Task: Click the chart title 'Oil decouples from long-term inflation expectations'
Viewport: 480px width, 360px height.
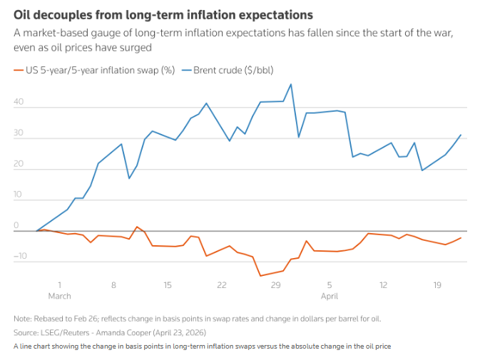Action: (x=163, y=14)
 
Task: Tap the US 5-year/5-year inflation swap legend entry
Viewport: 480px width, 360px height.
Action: (x=94, y=70)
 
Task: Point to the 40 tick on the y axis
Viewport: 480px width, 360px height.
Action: (x=19, y=102)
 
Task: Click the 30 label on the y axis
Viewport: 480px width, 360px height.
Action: (x=19, y=133)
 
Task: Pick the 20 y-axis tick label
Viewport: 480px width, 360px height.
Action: (x=19, y=164)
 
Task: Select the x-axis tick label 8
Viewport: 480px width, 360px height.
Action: (x=113, y=284)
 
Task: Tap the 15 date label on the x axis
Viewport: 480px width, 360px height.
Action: (x=168, y=284)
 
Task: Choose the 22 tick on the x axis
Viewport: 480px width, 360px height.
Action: (x=222, y=284)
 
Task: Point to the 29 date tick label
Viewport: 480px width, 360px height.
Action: (x=276, y=284)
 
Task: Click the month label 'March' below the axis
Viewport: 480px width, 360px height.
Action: (x=60, y=295)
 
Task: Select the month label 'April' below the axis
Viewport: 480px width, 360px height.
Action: (x=330, y=295)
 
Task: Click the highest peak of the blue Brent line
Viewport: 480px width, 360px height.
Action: (x=291, y=84)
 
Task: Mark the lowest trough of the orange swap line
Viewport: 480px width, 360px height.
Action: (x=260, y=276)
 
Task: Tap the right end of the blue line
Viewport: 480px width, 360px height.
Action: (x=461, y=135)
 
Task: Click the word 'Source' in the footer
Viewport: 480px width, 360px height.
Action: (x=26, y=333)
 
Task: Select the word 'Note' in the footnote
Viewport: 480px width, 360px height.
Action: (x=22, y=319)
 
